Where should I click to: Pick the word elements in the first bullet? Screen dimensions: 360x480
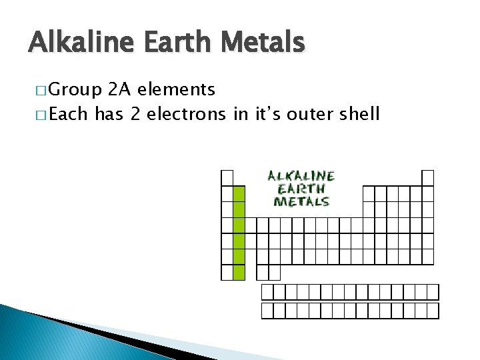[176, 89]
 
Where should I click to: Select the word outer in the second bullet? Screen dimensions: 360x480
[309, 114]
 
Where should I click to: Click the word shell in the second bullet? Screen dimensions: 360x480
[359, 114]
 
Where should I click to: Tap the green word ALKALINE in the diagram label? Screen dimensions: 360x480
[301, 176]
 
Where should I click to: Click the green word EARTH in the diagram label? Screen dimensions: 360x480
[301, 189]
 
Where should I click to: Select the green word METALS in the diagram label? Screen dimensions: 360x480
[301, 201]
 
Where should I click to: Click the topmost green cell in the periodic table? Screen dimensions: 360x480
[239, 193]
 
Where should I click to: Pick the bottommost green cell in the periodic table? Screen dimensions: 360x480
[239, 272]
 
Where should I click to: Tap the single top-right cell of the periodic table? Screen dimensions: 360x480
[427, 177]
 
